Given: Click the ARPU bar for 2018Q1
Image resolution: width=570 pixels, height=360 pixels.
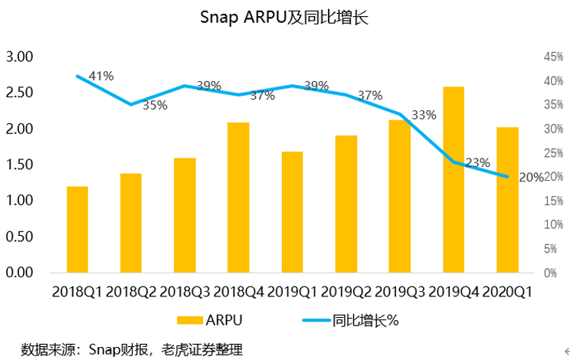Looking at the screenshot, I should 77,229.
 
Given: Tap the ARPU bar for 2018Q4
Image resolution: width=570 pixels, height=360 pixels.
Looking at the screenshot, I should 238,197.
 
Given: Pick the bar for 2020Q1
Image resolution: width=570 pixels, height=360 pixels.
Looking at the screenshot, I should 507,199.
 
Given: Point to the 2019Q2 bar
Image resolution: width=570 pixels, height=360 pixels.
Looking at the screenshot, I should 346,204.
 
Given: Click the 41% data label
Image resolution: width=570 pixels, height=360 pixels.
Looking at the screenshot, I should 101,76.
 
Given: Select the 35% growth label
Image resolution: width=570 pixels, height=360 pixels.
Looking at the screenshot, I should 155,106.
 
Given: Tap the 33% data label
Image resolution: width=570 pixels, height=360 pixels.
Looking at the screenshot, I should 424,115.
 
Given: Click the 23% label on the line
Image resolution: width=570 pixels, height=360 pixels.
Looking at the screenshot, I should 477,162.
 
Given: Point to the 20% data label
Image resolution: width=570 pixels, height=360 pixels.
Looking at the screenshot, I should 532,177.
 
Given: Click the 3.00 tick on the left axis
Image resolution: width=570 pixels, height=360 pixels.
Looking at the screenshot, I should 20,57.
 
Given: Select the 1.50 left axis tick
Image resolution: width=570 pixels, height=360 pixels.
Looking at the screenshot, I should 20,165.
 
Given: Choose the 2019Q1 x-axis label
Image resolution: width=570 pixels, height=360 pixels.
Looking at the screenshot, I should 292,292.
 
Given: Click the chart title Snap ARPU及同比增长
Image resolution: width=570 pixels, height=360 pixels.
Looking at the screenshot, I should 284,18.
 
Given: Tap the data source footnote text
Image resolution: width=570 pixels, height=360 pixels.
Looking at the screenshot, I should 132,350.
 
